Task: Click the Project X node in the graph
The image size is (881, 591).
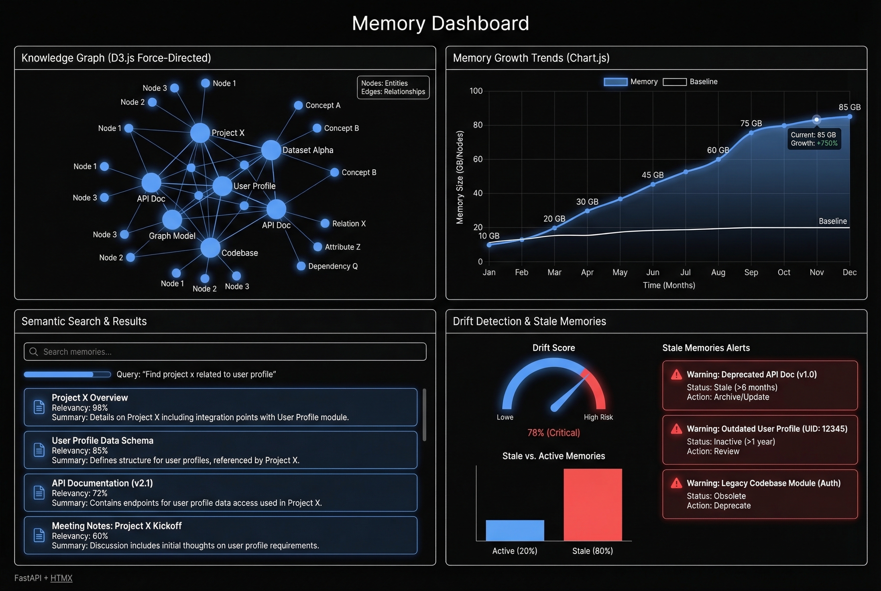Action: click(x=200, y=133)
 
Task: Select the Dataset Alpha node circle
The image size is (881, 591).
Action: click(x=271, y=150)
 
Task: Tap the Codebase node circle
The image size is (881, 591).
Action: click(x=210, y=248)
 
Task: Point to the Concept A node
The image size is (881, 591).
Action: click(x=298, y=105)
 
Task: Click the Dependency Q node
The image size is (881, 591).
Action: click(x=301, y=266)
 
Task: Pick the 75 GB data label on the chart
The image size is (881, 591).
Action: click(x=751, y=123)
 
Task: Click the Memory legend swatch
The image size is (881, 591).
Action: click(x=615, y=82)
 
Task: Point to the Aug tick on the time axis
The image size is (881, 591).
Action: click(x=718, y=272)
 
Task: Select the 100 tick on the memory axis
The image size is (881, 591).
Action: click(x=476, y=91)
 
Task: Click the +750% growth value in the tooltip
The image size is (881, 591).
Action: click(x=827, y=143)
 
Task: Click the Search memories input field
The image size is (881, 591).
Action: click(x=225, y=352)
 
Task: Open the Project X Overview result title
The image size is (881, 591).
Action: click(x=90, y=398)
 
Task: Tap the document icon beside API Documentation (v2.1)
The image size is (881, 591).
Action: click(x=39, y=493)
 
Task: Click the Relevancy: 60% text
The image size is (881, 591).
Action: click(x=80, y=536)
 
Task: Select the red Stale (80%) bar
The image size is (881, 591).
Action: click(x=592, y=505)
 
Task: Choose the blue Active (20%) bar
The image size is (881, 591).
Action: click(x=515, y=530)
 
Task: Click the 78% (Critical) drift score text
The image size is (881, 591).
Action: click(x=553, y=433)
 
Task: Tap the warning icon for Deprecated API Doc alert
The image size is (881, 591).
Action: click(x=676, y=375)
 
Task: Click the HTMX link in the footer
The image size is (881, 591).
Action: click(x=61, y=578)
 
